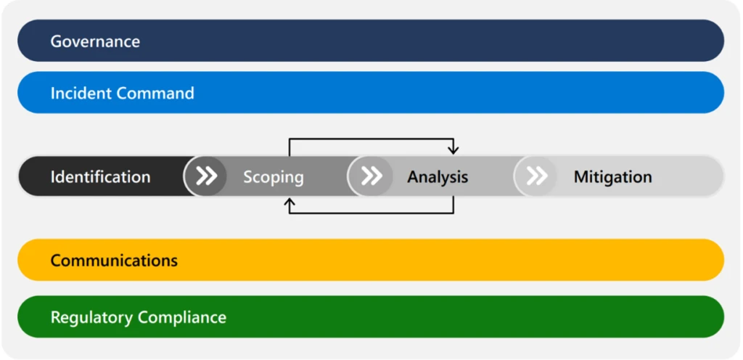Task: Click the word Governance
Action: [95, 41]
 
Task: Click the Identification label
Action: [100, 176]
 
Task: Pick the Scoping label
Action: [273, 176]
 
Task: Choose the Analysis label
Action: [438, 176]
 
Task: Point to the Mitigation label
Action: [612, 176]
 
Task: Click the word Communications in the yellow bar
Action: [114, 260]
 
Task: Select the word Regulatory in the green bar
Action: [92, 317]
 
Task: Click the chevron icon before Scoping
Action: [206, 176]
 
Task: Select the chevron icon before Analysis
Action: [371, 176]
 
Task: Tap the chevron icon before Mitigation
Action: [536, 176]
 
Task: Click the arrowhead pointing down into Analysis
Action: [453, 150]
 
